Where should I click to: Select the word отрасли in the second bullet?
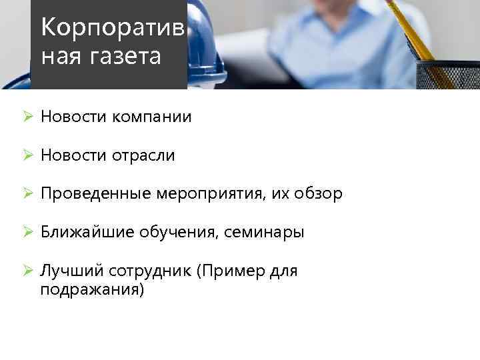(143, 156)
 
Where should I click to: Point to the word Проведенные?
(96, 195)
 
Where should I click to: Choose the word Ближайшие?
(87, 233)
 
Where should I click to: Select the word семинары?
(264, 233)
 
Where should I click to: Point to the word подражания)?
(92, 291)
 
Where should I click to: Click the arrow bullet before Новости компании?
(27, 117)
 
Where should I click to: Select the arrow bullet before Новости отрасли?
(27, 156)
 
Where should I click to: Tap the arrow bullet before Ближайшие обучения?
(27, 233)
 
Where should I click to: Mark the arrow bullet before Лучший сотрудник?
(27, 271)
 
